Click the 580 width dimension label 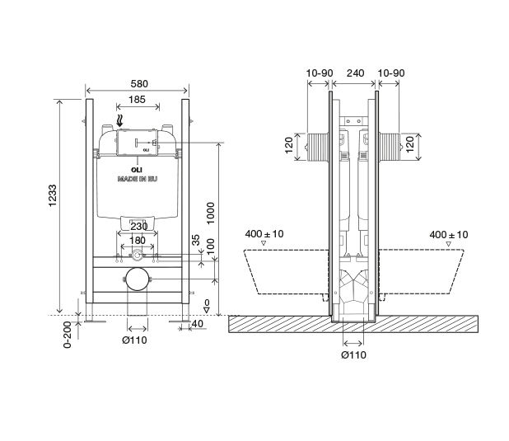click(139, 84)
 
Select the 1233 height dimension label click(52, 195)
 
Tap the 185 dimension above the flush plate click(137, 100)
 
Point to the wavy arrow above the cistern click(119, 120)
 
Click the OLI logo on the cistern click(137, 170)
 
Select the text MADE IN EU click(138, 179)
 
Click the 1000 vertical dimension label click(211, 213)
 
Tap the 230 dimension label click(138, 226)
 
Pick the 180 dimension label click(138, 241)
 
